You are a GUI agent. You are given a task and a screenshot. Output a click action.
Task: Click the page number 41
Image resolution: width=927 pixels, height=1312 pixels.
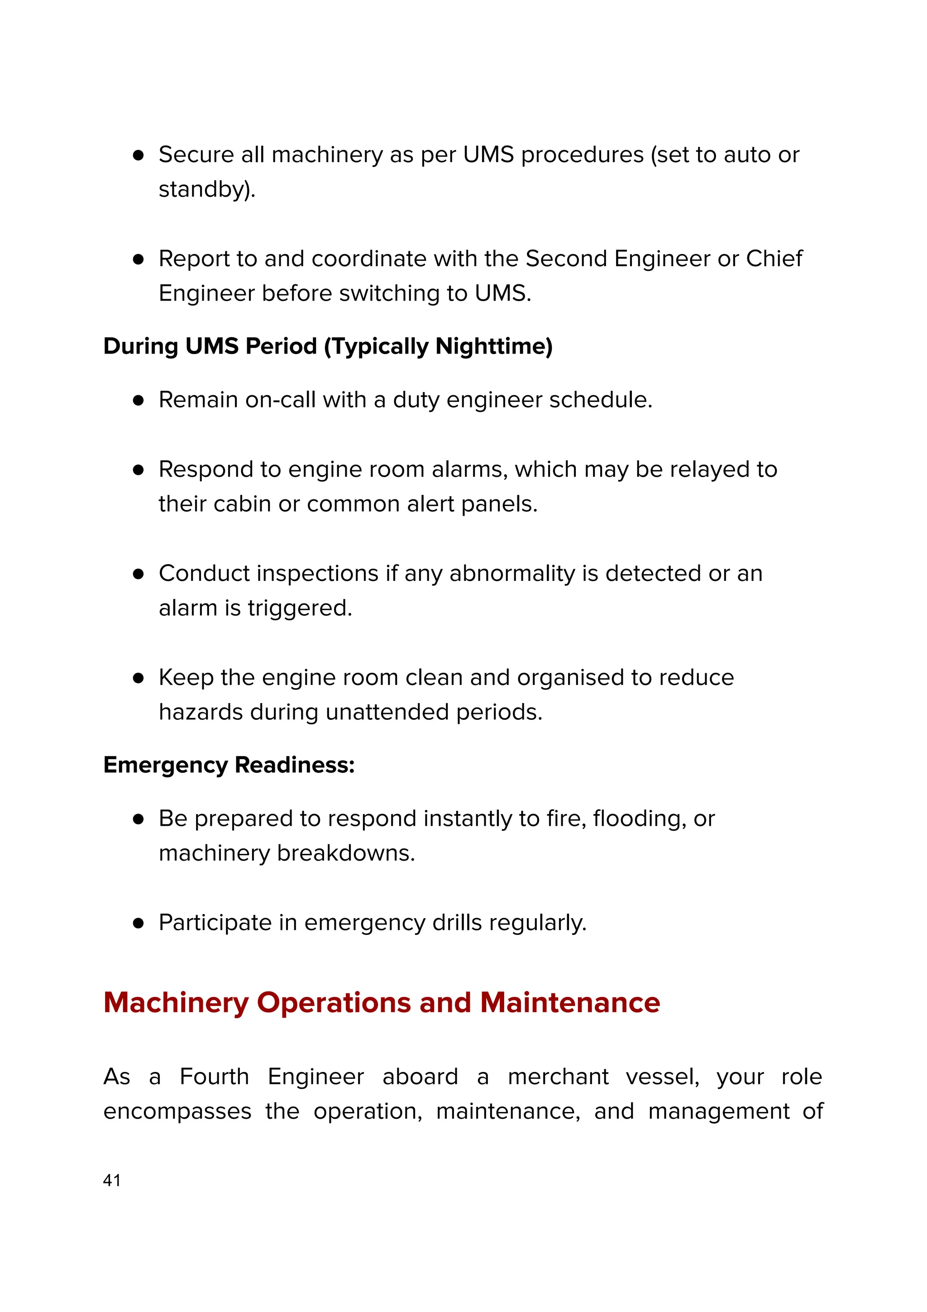pos(112,1180)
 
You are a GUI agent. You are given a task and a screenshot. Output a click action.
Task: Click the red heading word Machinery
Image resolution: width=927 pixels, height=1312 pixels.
pos(176,1002)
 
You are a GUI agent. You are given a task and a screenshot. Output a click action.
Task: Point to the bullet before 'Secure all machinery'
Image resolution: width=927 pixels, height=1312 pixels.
pos(138,155)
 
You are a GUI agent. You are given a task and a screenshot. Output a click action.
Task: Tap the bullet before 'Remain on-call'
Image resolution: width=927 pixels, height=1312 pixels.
pos(138,400)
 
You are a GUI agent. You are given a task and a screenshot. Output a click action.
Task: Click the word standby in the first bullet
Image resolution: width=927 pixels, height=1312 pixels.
pos(203,189)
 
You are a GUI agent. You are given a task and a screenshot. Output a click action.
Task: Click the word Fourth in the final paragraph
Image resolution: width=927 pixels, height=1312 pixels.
pos(214,1077)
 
